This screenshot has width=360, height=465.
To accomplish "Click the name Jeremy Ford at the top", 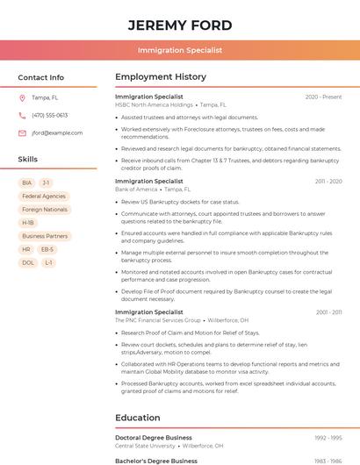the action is tap(180, 25).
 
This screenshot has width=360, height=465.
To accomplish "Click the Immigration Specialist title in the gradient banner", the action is tap(180, 51).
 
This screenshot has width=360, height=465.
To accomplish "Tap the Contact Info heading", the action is tap(41, 77).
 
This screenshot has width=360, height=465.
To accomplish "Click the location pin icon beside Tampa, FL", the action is tap(22, 97).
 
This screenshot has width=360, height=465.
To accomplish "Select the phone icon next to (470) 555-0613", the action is tap(22, 115).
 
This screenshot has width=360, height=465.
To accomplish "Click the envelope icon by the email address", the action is tap(22, 132).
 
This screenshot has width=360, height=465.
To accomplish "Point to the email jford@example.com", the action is tap(57, 132).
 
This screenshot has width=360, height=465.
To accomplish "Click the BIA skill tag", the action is tap(27, 182).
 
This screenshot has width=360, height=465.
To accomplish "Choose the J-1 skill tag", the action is tap(47, 182).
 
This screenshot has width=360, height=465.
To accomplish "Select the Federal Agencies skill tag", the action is tap(44, 196).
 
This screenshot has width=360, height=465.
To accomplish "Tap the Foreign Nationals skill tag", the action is tap(45, 210).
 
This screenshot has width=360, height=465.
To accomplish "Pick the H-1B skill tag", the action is tap(28, 223).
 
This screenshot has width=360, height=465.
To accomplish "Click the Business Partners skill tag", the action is tap(45, 236).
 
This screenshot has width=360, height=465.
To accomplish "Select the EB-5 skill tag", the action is tap(47, 249).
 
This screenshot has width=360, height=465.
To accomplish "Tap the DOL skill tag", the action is tap(28, 262).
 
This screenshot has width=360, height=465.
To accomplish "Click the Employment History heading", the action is tap(161, 77).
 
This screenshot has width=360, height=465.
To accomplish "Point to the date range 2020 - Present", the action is tap(323, 97).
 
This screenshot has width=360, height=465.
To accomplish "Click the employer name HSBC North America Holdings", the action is tap(154, 104).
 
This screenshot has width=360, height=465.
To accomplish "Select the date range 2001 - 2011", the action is tap(328, 312).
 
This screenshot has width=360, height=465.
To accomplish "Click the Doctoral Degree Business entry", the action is tap(154, 437).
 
